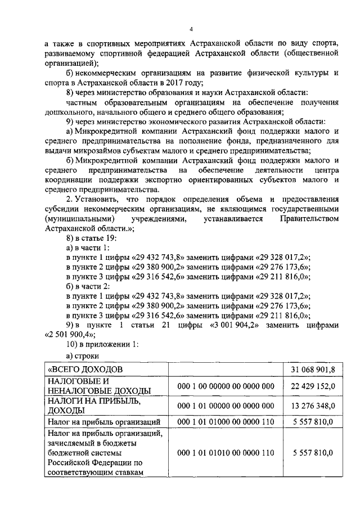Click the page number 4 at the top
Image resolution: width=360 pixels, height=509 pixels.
pyautogui.click(x=191, y=29)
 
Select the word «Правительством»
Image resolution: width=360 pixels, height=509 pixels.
pyautogui.click(x=307, y=218)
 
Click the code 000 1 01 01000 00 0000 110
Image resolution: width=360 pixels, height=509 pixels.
pyautogui.click(x=225, y=421)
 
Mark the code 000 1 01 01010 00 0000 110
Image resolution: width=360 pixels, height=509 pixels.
pyautogui.click(x=225, y=452)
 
